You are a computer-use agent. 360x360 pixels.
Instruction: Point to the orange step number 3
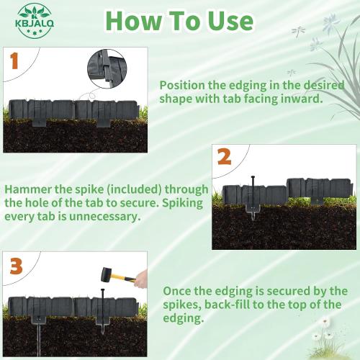tap(16, 266)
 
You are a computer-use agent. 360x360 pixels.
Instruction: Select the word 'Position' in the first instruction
tap(184, 84)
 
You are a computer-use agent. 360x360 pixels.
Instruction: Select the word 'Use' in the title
tap(229, 21)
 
